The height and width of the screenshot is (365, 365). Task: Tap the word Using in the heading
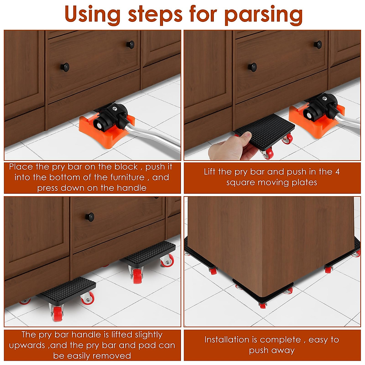[93, 15]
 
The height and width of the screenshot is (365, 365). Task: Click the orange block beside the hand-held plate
[316, 120]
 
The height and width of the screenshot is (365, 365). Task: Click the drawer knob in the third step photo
[89, 217]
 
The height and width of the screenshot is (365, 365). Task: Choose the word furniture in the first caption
[127, 177]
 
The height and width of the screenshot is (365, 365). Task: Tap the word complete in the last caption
[282, 340]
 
